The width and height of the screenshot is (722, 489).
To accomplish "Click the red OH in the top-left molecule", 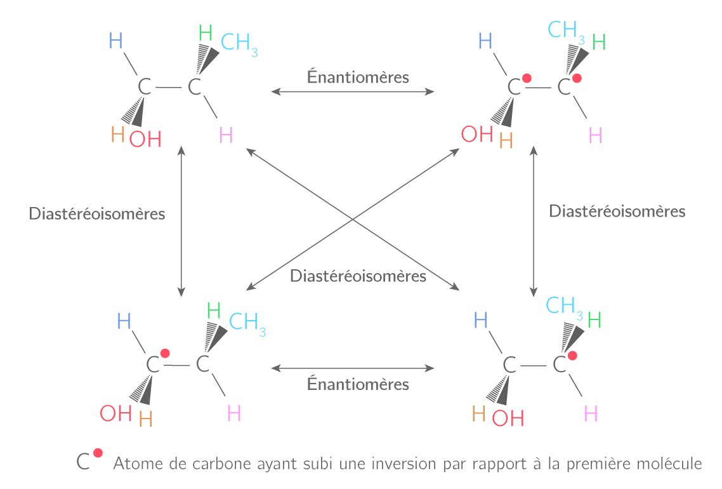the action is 145,139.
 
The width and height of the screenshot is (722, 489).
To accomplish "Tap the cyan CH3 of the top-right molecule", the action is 566,30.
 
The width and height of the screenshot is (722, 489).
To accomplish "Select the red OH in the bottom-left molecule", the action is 115,414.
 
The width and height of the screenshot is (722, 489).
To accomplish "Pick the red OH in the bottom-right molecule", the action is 508,418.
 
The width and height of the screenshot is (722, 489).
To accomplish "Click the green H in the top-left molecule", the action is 206,32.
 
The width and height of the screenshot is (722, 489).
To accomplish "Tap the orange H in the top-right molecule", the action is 506,140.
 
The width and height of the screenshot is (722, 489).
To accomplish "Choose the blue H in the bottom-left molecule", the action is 124,321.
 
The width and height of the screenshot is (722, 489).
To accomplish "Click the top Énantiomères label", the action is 358,77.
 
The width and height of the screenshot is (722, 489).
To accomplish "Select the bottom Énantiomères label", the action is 358,384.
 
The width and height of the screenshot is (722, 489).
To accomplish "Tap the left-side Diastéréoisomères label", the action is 97,213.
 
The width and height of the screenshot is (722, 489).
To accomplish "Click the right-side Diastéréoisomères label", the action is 617,211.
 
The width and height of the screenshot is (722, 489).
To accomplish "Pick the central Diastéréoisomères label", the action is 358,276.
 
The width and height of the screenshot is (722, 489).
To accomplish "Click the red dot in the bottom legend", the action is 98,453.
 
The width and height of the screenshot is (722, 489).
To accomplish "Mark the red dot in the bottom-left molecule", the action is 165,353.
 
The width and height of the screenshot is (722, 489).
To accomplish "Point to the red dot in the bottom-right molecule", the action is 572,356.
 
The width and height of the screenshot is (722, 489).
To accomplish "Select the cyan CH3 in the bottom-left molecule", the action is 247,323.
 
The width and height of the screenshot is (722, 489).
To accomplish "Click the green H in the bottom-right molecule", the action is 594,320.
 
